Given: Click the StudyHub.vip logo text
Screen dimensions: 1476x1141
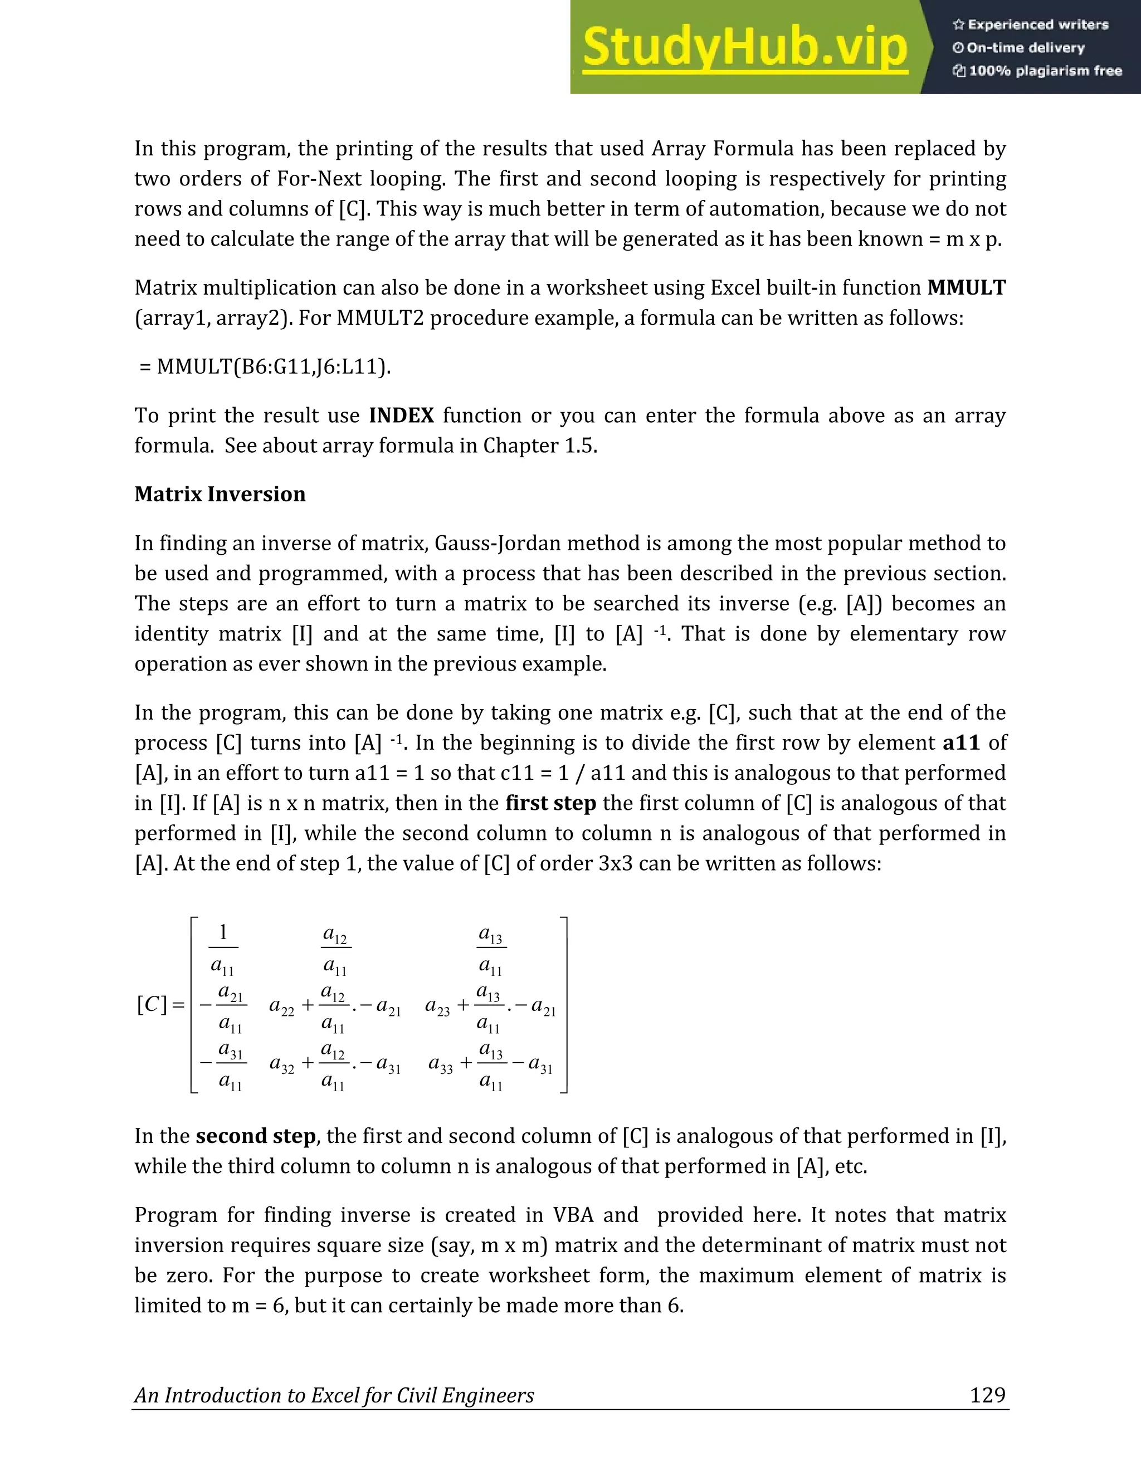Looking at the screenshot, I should (744, 47).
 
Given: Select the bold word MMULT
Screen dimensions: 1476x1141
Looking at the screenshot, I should (966, 288).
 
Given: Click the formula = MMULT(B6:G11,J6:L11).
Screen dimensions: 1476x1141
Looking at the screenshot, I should (265, 366).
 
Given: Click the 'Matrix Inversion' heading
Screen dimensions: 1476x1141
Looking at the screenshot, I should (220, 494).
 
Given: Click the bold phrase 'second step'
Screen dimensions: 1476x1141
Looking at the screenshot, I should (256, 1136).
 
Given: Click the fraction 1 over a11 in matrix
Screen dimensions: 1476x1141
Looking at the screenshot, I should (223, 950).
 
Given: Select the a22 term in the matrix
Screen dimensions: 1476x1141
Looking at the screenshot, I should (281, 1007).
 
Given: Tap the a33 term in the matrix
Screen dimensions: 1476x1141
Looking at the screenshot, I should (441, 1064).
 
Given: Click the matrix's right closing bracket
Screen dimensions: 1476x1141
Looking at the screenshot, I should (563, 1004).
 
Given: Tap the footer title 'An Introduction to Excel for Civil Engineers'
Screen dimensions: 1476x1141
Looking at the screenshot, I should (334, 1396).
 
